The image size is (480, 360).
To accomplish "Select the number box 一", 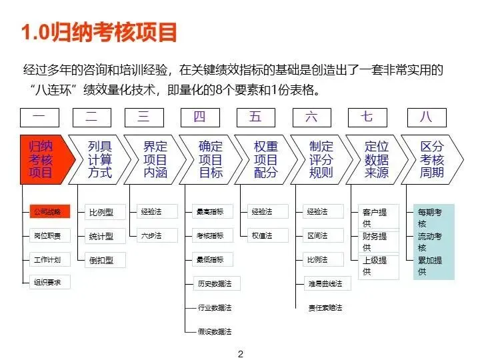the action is coord(39,117).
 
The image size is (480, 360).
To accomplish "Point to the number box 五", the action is coord(256,117).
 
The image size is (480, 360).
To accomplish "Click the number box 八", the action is coord(426,117).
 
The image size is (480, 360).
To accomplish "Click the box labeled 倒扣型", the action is coord(101,260).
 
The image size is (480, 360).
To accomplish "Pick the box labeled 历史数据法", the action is coord(215,283).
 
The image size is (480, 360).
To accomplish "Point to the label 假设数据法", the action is coord(215,331).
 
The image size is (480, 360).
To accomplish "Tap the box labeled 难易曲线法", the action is coord(325,283).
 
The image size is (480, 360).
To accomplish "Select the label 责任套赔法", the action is coord(325,307).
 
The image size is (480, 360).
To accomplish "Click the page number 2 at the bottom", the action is coord(241,354).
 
